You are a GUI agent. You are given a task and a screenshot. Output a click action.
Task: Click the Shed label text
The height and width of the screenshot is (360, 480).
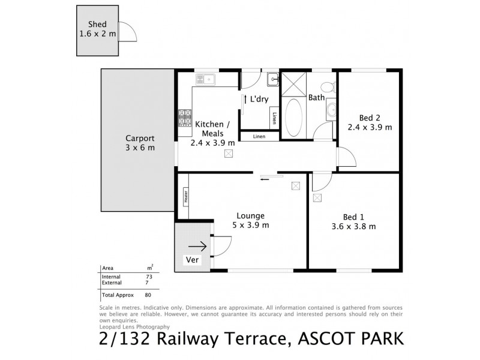(98, 24)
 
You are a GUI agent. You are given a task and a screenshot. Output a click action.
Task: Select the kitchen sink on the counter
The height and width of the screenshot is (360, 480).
(205, 79)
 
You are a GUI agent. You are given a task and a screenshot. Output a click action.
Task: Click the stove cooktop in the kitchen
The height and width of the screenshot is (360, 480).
(184, 117)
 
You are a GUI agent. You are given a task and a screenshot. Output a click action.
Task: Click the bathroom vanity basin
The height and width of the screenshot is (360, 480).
(331, 110)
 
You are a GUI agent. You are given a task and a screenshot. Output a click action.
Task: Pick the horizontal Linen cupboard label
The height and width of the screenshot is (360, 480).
(259, 136)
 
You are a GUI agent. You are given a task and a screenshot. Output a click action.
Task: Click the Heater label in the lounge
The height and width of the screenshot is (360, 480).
(185, 196)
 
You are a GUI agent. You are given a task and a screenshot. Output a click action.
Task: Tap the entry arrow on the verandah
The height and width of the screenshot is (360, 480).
(197, 245)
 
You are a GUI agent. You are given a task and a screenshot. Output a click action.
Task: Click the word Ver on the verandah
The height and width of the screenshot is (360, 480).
(192, 260)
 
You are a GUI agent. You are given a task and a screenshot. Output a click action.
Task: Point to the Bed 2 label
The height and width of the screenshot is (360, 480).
(370, 118)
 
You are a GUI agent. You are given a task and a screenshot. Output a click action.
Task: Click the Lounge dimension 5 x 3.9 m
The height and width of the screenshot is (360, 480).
(251, 225)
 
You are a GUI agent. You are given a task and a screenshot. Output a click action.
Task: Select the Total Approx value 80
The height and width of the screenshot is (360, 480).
(148, 295)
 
